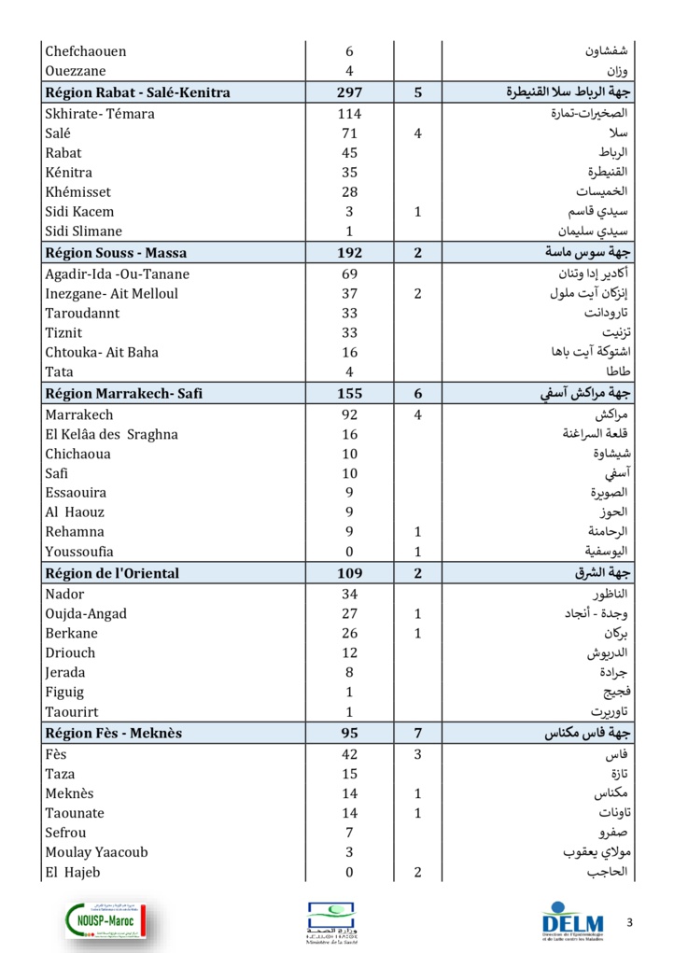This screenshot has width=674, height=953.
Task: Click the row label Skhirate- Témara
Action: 100,114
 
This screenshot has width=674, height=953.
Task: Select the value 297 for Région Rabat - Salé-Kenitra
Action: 349,92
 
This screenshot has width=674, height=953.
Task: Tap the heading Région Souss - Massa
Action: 116,253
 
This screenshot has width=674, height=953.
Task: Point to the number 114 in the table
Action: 349,114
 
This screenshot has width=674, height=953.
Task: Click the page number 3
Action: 629,923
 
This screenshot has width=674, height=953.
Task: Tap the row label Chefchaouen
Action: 86,51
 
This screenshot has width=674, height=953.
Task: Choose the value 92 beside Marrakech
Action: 349,414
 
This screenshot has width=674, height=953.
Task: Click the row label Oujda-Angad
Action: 86,613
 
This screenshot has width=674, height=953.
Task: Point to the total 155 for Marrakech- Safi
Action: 349,394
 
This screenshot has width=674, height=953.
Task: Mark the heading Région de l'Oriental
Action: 112,573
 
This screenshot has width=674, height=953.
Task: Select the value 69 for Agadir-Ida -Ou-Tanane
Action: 349,273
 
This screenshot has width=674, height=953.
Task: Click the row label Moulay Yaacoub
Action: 96,851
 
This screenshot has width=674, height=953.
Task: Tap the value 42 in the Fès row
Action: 349,754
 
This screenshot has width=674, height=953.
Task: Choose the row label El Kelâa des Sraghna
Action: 111,434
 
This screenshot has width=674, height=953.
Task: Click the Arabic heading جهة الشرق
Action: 602,573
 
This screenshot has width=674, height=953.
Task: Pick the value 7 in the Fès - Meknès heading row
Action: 418,734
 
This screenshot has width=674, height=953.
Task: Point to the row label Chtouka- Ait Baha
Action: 102,352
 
